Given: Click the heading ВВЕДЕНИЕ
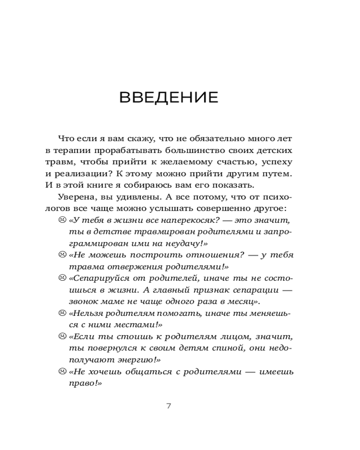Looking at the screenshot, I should tap(169, 98).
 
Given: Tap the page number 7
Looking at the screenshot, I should tap(169, 406).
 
